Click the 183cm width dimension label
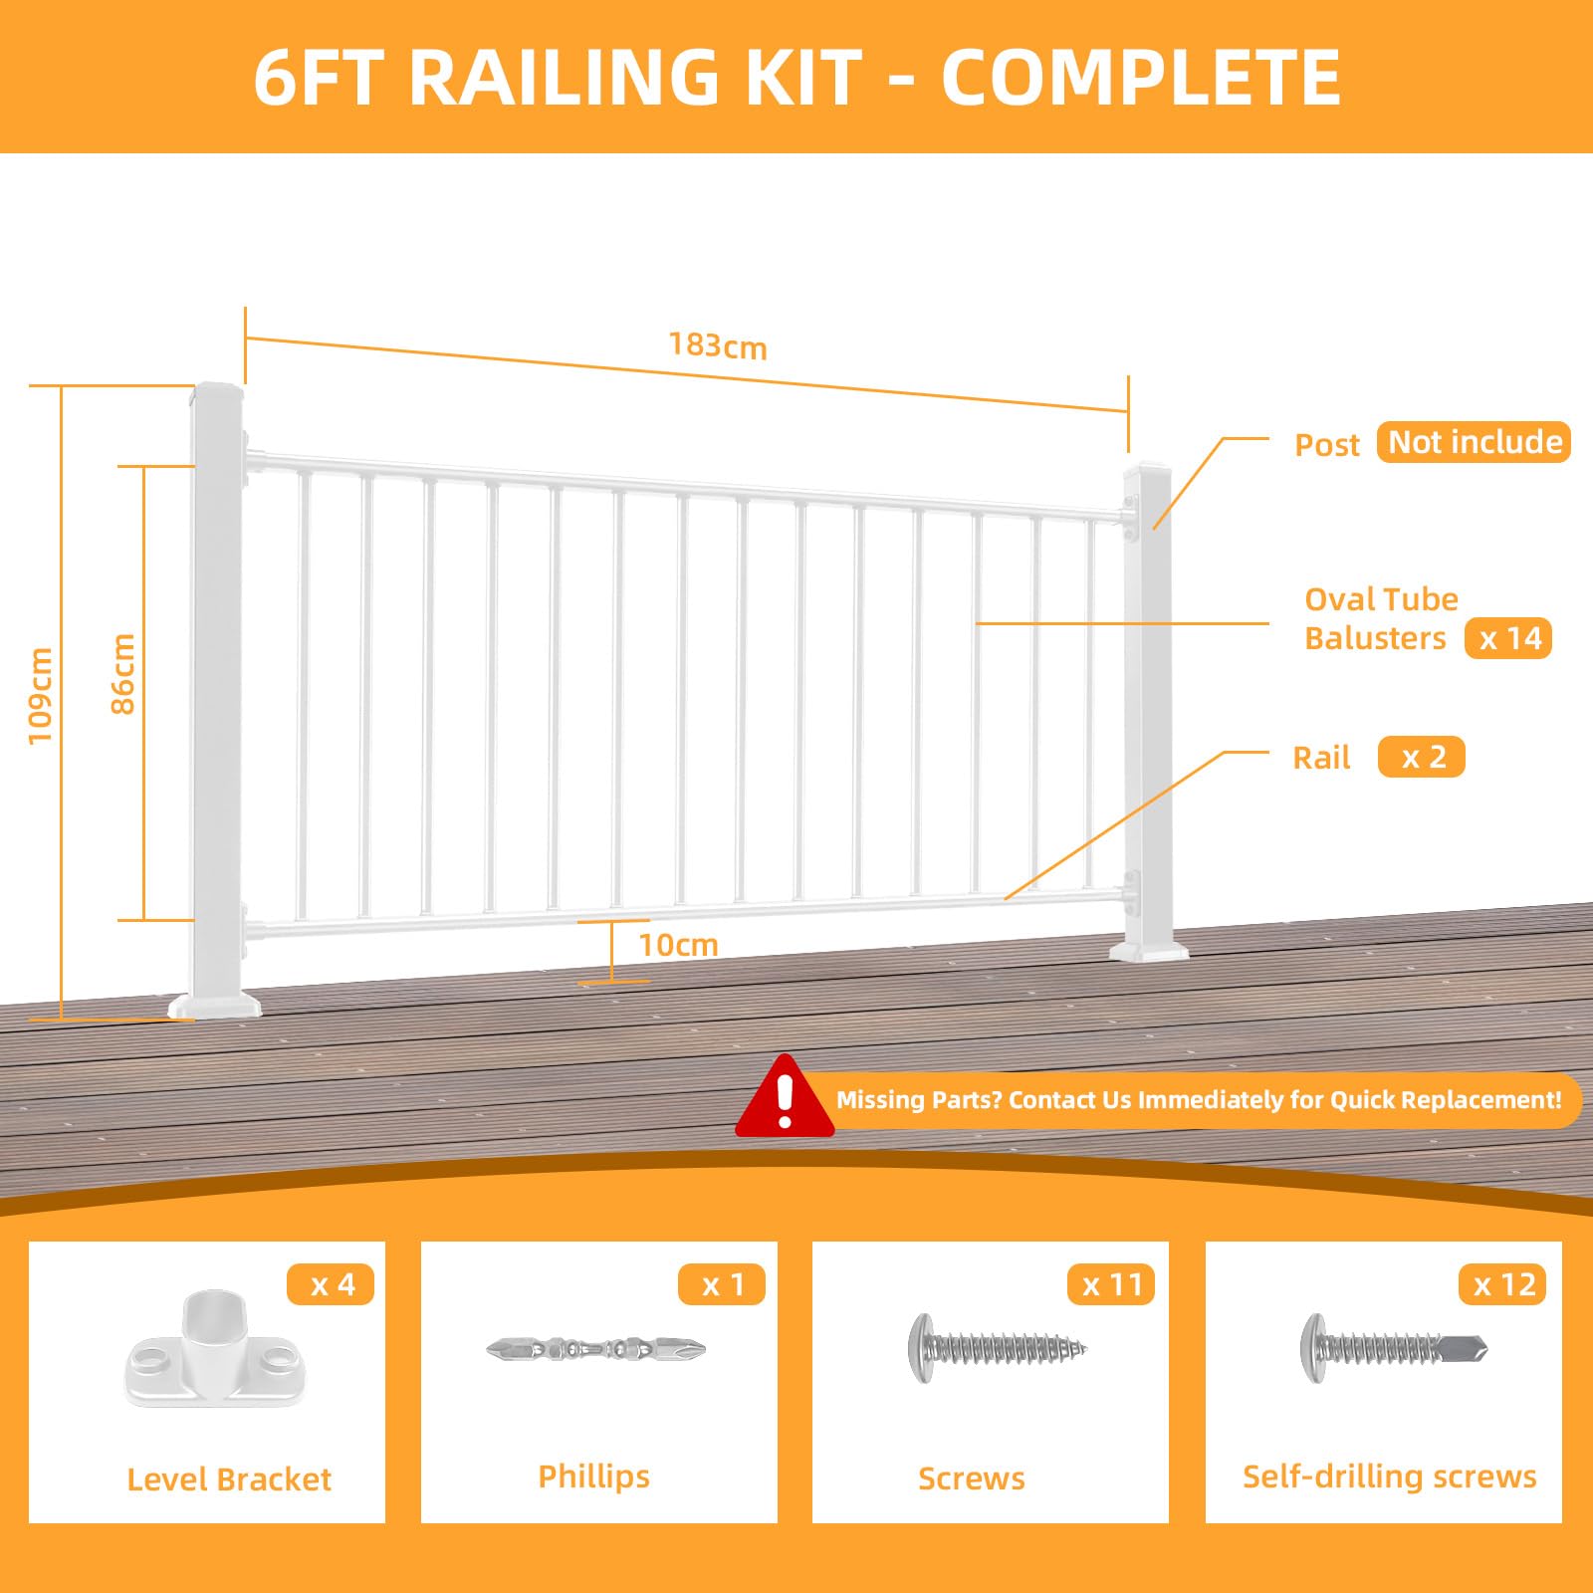tap(718, 345)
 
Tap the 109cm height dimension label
tap(40, 695)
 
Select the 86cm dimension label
tap(121, 674)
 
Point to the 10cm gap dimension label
tap(678, 944)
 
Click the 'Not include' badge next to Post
tap(1474, 442)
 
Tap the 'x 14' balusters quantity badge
tap(1508, 638)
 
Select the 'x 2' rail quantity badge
tap(1422, 757)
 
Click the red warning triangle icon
tap(785, 1096)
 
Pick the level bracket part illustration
tap(215, 1349)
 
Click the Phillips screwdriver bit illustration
tap(596, 1350)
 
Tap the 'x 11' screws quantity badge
tap(1112, 1284)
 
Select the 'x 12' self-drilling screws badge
tap(1503, 1284)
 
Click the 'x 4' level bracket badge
tap(331, 1284)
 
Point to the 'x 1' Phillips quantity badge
tap(722, 1284)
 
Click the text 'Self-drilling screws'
tap(1390, 1477)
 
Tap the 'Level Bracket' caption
tap(229, 1479)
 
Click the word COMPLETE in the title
tap(1141, 77)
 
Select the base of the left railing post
tap(215, 1004)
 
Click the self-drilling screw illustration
tap(1394, 1349)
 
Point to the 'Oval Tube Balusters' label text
tap(1381, 618)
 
